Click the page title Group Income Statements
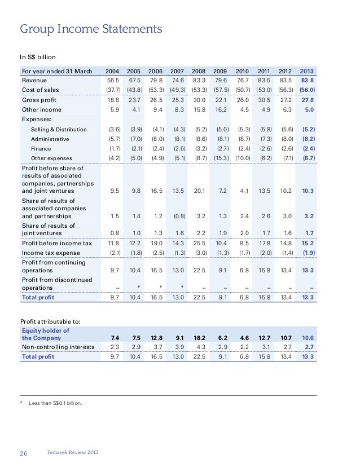[x=91, y=28]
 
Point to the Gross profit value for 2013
[x=308, y=100]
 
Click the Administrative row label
[x=50, y=139]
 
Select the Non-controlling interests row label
[x=58, y=347]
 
